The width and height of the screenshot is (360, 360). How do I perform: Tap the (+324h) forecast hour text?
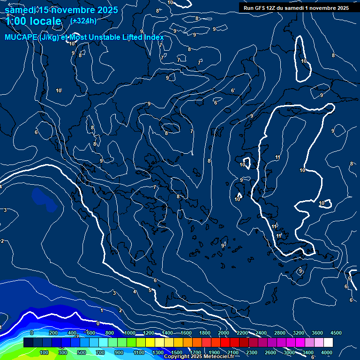[83, 21]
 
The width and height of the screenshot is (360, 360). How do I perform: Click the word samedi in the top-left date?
[21, 10]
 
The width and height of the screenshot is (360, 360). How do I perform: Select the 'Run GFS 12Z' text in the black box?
[262, 8]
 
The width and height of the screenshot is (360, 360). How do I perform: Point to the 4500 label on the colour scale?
[336, 332]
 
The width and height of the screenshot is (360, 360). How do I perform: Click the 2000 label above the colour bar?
[223, 332]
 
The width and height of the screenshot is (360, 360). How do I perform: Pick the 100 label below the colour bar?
[45, 352]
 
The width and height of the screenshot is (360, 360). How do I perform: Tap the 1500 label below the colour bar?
[177, 352]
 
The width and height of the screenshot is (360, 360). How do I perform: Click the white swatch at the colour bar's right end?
[328, 343]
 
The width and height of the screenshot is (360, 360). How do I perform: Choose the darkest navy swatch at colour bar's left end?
[28, 343]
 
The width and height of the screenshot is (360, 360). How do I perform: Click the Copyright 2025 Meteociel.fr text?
[199, 357]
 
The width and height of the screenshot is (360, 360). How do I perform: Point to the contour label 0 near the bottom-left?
[97, 323]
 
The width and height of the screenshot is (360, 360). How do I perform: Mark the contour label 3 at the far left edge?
[5, 210]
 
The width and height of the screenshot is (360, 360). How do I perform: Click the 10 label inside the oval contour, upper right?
[304, 61]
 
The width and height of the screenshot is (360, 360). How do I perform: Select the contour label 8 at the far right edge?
[351, 164]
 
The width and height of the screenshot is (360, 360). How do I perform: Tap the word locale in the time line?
[44, 21]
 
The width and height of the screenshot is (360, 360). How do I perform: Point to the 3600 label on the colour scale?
[317, 332]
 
